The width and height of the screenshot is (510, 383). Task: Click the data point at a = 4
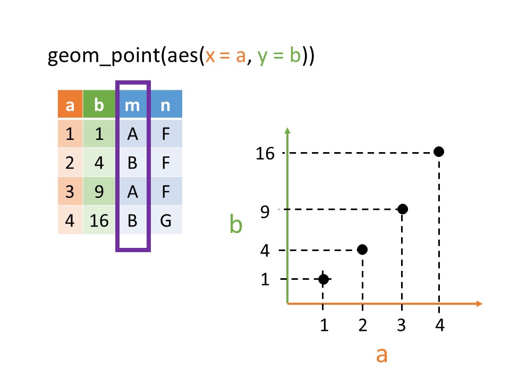439,152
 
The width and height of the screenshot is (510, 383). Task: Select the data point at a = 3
402,209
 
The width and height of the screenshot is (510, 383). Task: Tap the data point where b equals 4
362,249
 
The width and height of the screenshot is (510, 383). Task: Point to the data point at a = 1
324,279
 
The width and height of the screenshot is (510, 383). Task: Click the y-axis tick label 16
265,154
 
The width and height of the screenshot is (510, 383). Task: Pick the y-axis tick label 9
265,211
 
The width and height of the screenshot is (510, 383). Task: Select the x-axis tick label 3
402,325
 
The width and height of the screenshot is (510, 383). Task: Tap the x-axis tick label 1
324,325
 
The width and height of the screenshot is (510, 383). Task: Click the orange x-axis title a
381,354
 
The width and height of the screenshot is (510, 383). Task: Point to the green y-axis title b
236,225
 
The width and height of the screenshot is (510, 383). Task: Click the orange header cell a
70,105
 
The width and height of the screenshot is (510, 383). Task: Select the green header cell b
99,105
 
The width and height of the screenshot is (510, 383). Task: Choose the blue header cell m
132,105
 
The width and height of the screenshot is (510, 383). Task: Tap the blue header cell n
165,105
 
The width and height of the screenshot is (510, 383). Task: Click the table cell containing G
165,220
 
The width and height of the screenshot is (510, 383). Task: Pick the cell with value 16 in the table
99,220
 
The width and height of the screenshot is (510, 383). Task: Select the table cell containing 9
99,191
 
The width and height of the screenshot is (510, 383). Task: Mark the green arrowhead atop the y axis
287,131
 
